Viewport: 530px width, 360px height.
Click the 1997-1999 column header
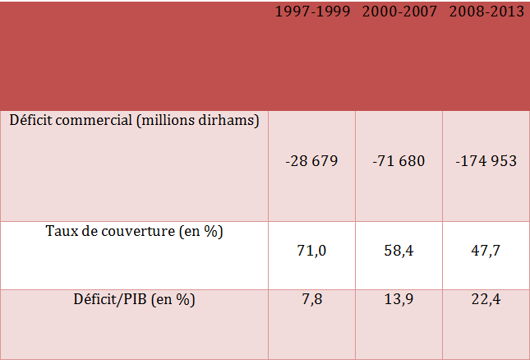click(312, 12)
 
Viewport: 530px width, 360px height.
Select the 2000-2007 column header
click(399, 12)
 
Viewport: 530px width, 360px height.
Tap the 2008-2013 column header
click(486, 12)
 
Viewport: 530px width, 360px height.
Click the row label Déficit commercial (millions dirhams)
click(135, 120)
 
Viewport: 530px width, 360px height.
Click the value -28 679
click(312, 161)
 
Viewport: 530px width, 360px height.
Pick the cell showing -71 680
click(399, 161)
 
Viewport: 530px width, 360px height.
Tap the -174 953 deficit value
click(486, 161)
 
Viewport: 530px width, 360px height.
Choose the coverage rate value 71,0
click(312, 251)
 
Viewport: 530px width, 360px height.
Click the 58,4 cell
click(399, 251)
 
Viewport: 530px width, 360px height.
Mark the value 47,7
click(486, 251)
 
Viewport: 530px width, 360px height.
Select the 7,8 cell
click(312, 300)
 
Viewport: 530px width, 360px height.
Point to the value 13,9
click(399, 300)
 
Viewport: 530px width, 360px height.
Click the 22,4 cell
click(486, 300)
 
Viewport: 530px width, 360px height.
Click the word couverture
click(136, 232)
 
